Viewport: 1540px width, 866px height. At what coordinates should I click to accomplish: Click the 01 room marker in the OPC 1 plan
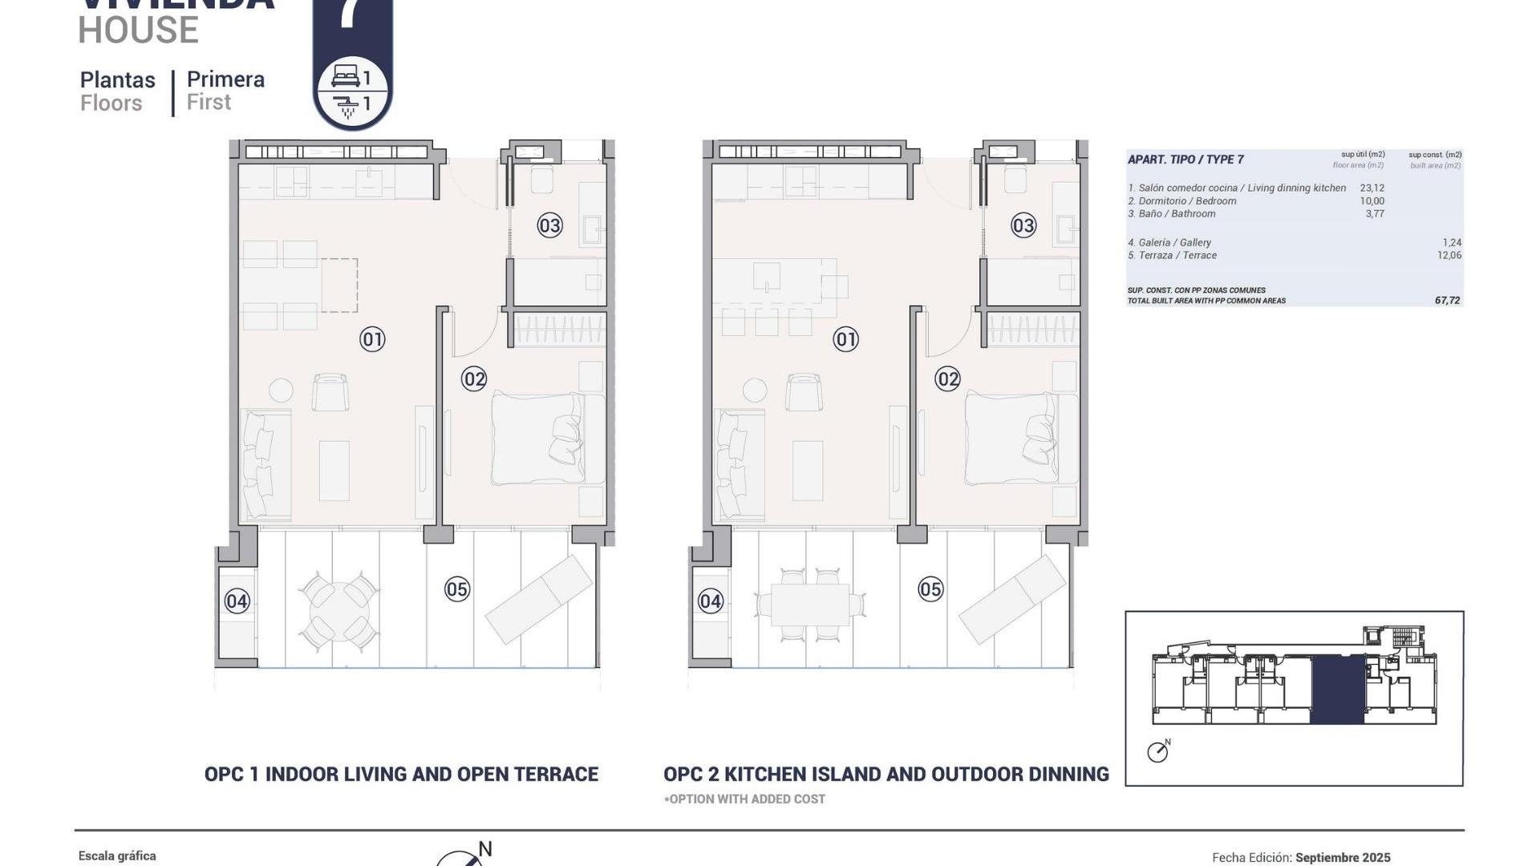(372, 339)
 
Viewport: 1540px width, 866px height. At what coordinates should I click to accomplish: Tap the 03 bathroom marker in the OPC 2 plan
(1023, 225)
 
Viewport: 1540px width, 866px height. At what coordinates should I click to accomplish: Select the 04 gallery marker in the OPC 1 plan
(237, 601)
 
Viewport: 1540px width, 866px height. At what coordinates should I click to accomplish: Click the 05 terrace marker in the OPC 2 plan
(930, 589)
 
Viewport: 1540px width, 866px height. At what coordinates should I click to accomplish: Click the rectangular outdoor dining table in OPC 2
(810, 605)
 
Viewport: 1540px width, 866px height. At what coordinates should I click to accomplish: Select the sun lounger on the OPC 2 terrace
(1013, 599)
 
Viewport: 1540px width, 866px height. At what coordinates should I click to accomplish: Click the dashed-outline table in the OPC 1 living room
(339, 285)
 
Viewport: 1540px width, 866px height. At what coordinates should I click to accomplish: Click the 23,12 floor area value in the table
(1372, 188)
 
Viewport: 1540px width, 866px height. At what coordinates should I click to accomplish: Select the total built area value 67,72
(1447, 301)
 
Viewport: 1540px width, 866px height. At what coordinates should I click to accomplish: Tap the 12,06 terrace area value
(1449, 256)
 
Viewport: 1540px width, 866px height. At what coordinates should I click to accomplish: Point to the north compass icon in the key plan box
(1157, 751)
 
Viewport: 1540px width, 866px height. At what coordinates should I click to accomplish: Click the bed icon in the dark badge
(346, 77)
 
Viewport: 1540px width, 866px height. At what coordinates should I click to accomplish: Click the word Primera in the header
(225, 79)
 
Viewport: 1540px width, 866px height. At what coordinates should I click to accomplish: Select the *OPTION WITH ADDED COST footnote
(744, 799)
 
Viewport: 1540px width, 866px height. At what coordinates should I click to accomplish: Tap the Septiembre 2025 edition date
(1343, 857)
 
